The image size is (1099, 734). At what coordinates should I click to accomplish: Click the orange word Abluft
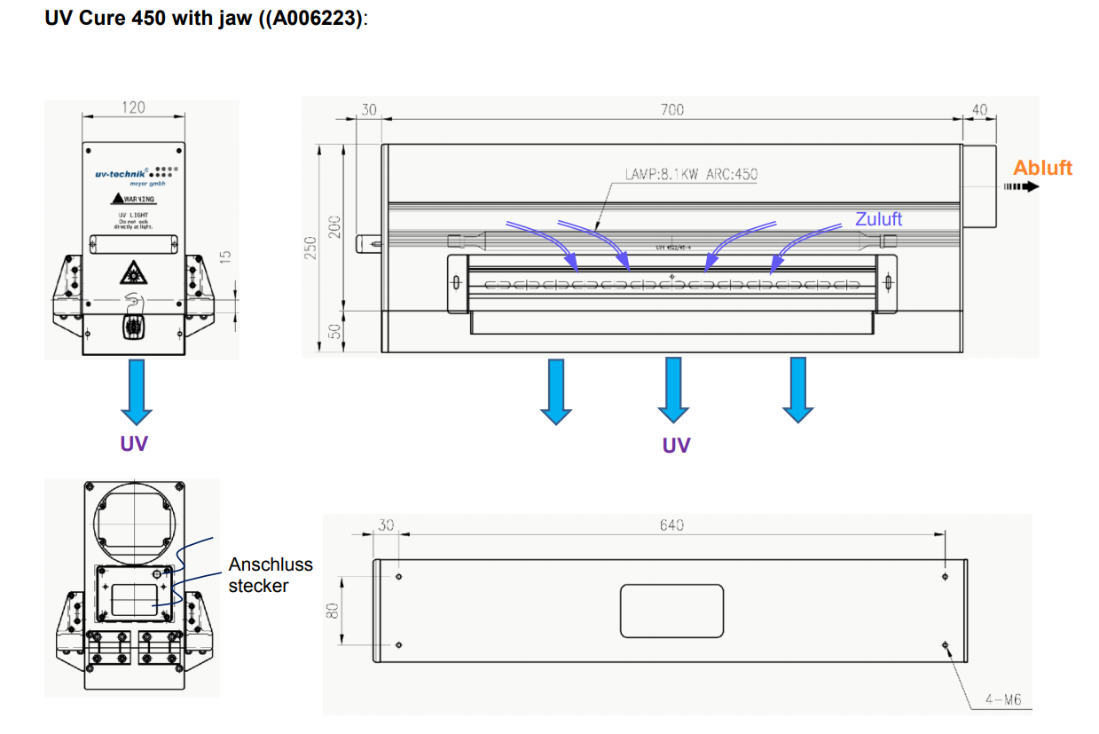1042,168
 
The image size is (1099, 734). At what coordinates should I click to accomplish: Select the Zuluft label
878,218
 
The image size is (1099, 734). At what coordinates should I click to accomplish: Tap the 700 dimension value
672,110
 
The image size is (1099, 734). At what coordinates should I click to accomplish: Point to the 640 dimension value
671,525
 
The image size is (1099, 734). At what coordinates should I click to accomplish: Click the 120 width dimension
133,107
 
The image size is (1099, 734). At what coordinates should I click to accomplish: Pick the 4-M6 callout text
1002,700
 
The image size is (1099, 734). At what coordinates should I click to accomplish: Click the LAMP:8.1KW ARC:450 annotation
691,175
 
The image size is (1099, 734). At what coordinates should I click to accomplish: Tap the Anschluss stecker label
270,575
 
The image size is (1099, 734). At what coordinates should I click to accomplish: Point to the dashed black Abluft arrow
1020,187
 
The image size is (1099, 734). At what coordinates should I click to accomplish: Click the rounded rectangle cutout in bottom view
672,611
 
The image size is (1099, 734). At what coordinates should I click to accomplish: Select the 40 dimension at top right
979,110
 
